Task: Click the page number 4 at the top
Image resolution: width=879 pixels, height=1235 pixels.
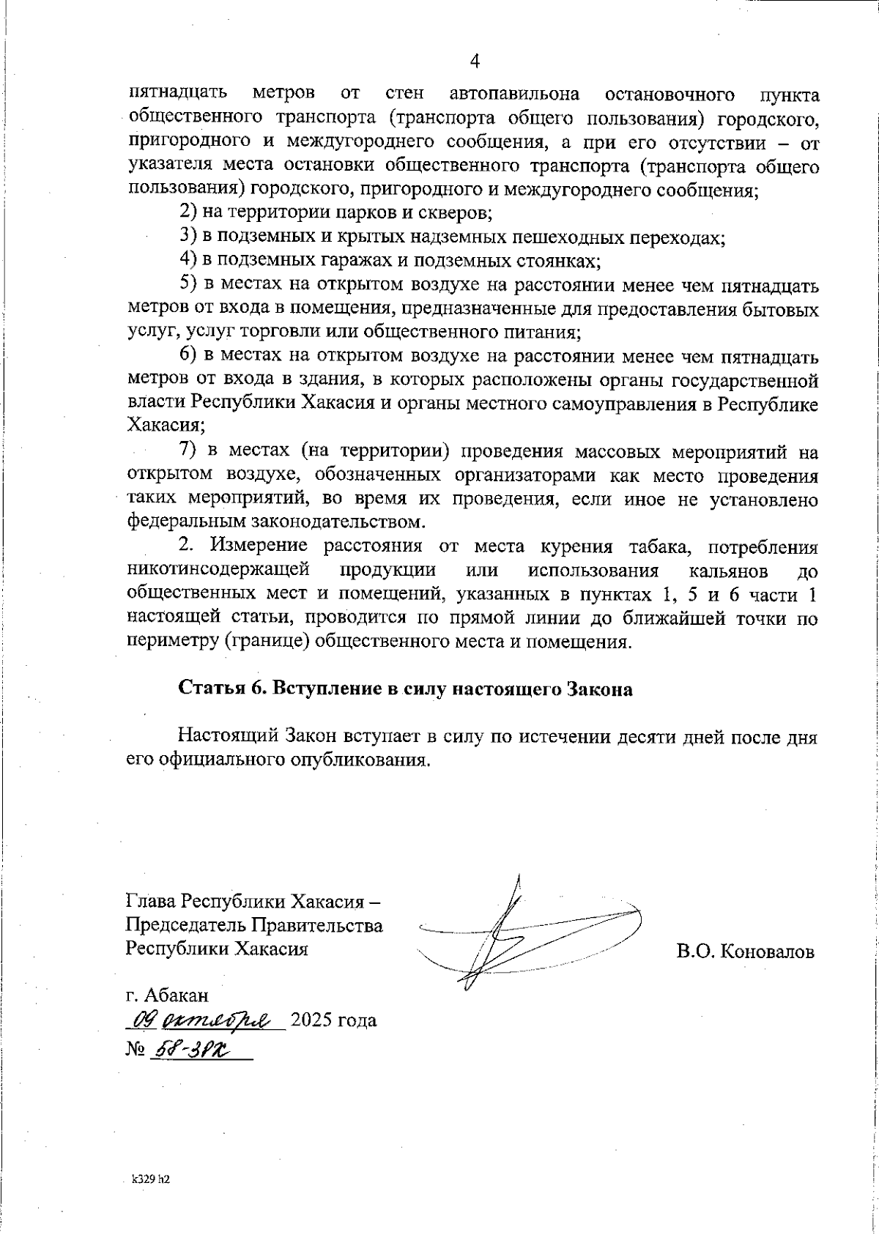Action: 474,61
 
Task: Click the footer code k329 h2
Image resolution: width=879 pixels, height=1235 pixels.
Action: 150,1180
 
